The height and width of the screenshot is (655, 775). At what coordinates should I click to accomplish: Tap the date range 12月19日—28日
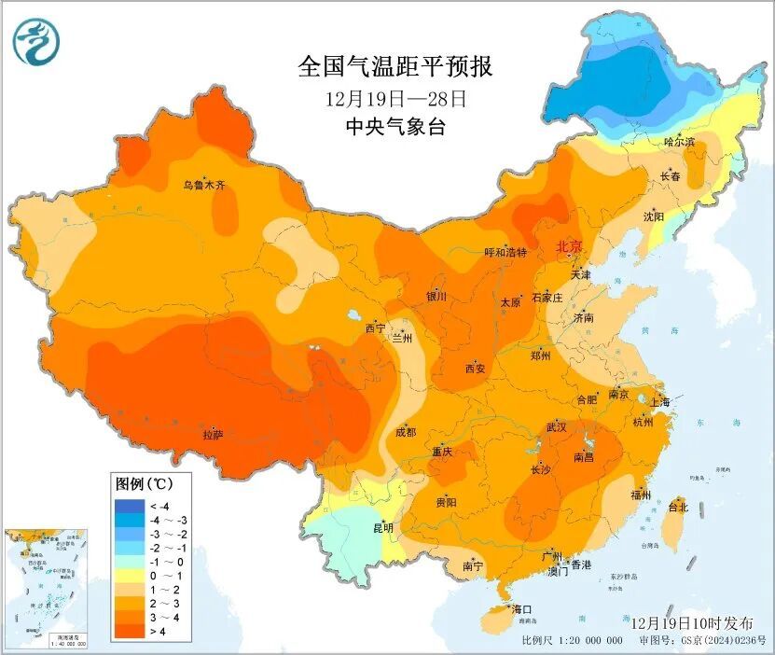click(x=394, y=98)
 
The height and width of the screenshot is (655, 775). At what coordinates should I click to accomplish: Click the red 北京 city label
click(x=569, y=246)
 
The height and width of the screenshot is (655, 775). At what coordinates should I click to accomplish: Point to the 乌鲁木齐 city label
click(x=203, y=186)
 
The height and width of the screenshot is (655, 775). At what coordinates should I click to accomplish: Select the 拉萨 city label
click(x=213, y=434)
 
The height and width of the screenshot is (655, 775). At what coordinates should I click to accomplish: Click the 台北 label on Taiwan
click(x=678, y=508)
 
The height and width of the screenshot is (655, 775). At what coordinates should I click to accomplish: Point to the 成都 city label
click(x=406, y=432)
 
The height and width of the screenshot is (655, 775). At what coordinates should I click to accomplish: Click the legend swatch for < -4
click(x=125, y=506)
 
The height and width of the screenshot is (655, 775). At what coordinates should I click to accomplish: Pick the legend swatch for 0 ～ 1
click(x=125, y=577)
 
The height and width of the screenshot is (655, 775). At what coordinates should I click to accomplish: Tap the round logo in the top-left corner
click(x=36, y=41)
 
